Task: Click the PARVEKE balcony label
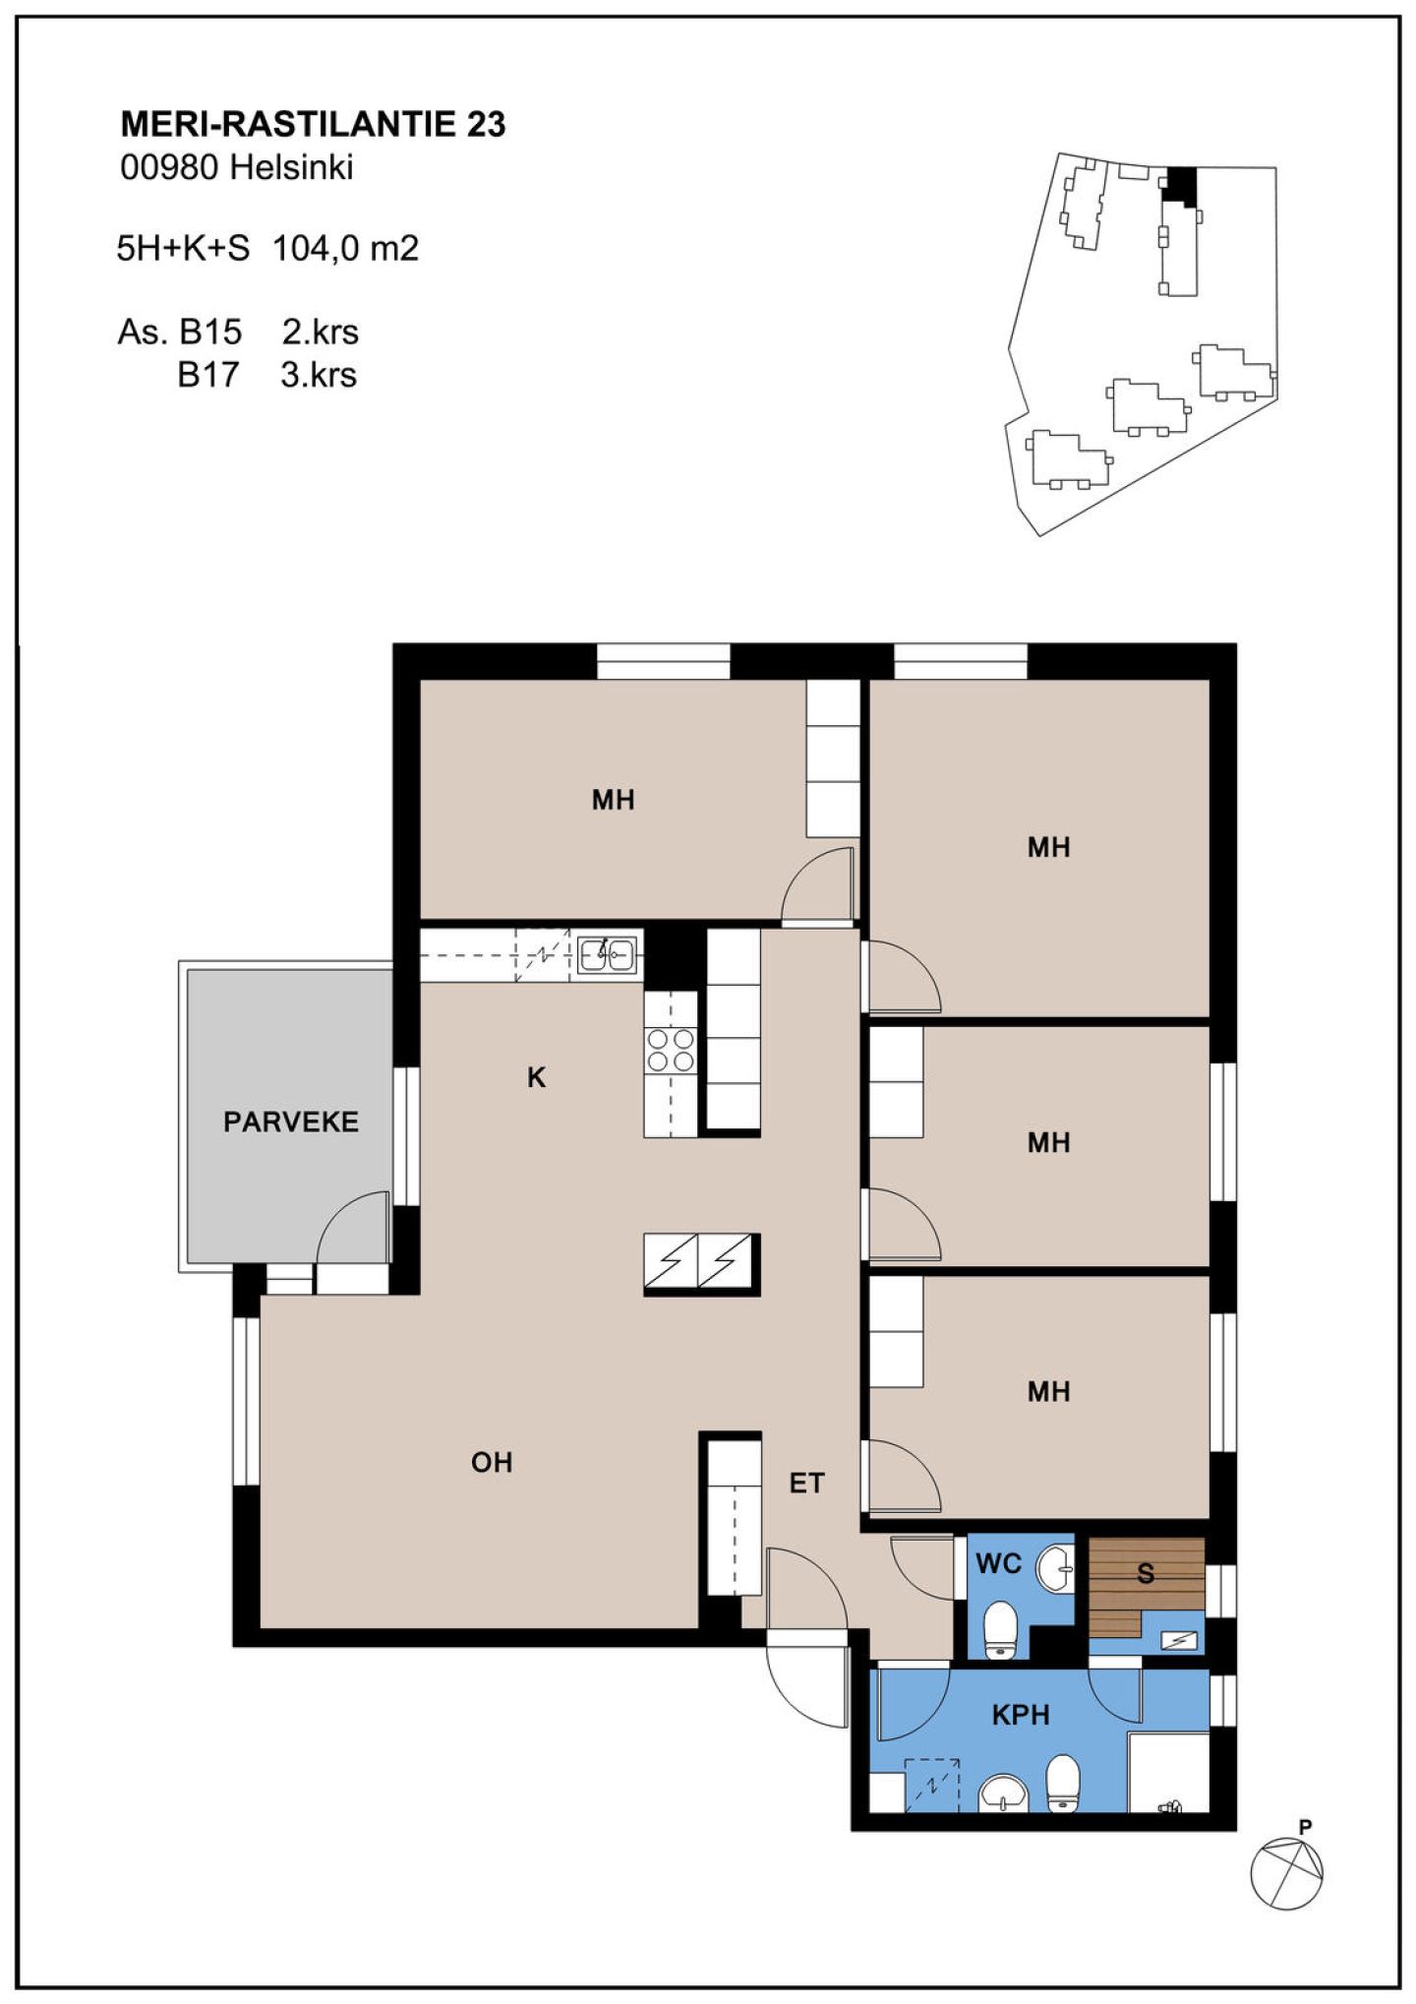click(290, 1122)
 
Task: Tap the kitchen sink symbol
click(606, 953)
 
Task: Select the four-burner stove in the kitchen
click(671, 1049)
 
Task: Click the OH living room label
click(492, 1463)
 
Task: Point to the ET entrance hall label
click(807, 1483)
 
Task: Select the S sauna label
click(1146, 1574)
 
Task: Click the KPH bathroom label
click(1021, 1715)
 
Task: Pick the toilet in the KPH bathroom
click(1063, 1782)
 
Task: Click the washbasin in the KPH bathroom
click(1002, 1792)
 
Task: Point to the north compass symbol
click(1286, 1874)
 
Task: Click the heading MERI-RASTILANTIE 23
click(313, 124)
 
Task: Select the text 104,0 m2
click(345, 248)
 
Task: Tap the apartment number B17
click(207, 376)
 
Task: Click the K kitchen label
click(536, 1078)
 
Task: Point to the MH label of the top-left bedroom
click(613, 800)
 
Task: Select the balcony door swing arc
click(339, 1214)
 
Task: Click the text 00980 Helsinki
click(236, 168)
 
